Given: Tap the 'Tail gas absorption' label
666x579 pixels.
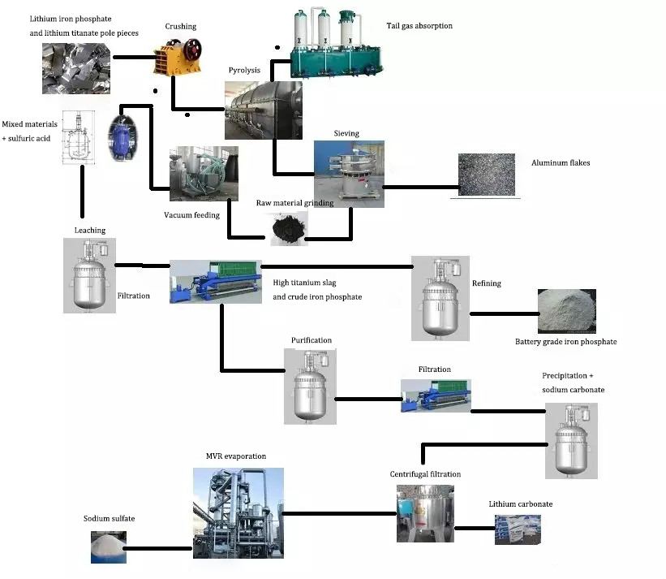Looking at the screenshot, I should point(419,26).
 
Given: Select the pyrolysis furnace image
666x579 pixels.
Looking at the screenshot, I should point(263,109).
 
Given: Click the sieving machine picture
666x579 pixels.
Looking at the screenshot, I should point(349,171).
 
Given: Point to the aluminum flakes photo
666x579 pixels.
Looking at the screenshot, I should point(487,175).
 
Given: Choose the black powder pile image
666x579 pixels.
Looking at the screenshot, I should point(288,229).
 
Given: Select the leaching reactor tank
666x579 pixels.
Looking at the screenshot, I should point(89,275).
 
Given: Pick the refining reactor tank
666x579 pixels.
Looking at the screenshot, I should point(440,297).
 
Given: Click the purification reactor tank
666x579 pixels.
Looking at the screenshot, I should point(310,386).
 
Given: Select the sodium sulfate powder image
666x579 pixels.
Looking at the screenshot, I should point(108,547).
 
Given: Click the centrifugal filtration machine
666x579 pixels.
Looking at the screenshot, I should point(424,513).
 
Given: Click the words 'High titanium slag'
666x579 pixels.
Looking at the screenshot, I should point(304,283).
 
